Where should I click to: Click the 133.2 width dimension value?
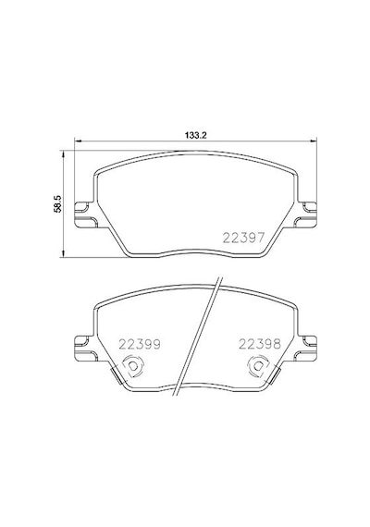coord(195,135)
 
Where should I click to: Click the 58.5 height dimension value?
coord(58,203)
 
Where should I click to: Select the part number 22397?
coord(244,238)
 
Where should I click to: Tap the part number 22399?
coord(140,344)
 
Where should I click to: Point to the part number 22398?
coord(260,344)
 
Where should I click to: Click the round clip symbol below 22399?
coord(133,366)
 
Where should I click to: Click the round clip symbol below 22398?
coord(258,366)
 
